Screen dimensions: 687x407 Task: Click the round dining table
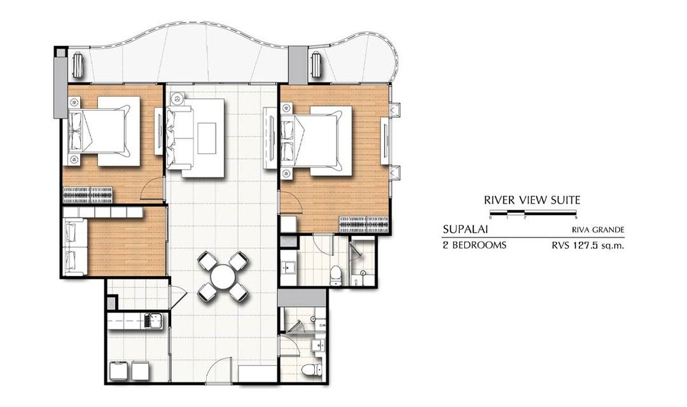tap(223, 277)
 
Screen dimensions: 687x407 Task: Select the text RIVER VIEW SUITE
tap(532, 200)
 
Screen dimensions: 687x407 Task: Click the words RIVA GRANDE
tap(597, 230)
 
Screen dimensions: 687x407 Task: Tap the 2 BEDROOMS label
tap(475, 245)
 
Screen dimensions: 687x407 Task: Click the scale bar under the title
tap(533, 214)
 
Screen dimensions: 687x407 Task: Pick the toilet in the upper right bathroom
tap(336, 275)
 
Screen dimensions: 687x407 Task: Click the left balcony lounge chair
tap(78, 65)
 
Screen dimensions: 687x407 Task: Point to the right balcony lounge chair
tap(316, 65)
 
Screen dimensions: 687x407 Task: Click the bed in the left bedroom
tap(104, 131)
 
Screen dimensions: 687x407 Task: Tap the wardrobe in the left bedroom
tap(88, 195)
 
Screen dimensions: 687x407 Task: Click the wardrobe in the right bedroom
tap(364, 224)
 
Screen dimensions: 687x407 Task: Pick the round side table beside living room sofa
tap(177, 99)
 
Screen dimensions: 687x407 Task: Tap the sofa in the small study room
tap(75, 247)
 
